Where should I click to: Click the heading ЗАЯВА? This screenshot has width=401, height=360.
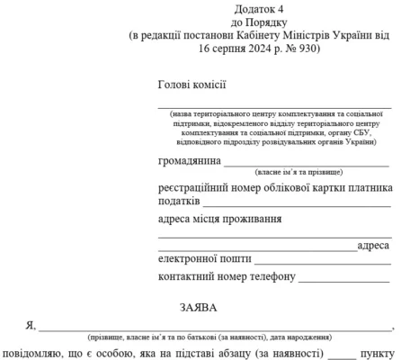click(x=200, y=306)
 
